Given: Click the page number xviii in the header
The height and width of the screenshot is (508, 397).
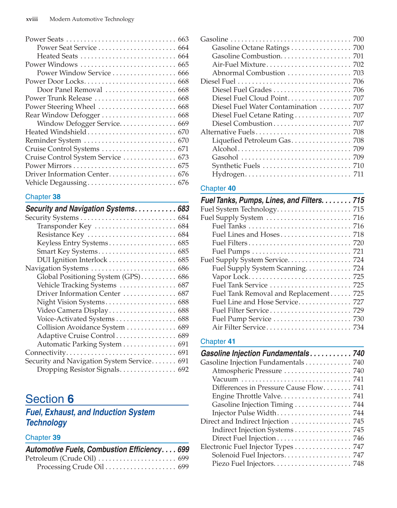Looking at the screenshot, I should pos(32,19).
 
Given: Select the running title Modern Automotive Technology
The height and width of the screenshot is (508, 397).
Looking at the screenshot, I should pos(92,19).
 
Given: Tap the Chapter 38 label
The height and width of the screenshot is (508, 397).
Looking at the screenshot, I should pos(43,197).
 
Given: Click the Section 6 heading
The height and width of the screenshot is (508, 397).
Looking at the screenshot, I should pos(49,399).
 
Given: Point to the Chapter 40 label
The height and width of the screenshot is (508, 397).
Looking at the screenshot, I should pos(218,188).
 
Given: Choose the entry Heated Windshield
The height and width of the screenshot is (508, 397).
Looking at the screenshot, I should pos(56,132).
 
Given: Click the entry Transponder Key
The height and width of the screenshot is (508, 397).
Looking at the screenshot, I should pos(64,226).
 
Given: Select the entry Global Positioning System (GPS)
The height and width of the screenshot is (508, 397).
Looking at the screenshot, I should pos(89,276).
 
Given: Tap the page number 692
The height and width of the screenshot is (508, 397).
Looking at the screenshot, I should pos(183,370).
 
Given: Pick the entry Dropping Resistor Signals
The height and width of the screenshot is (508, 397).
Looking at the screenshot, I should pos(78,370).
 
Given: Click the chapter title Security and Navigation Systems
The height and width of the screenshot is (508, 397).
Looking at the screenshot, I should pos(80,209).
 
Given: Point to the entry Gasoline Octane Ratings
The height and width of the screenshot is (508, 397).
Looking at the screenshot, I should pos(251,48).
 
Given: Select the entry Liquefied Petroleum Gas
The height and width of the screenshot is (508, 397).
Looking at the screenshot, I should pos(251,140).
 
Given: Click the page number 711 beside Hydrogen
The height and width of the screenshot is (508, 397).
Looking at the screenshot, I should pos(358,174).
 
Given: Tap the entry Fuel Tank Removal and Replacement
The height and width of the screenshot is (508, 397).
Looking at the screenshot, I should pos(271,294).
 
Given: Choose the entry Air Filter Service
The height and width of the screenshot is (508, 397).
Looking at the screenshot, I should pos(239,327).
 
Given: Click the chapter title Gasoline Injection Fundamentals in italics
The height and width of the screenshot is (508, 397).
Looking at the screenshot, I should pos(255,353).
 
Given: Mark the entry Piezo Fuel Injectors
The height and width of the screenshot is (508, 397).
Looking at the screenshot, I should pos(243,464).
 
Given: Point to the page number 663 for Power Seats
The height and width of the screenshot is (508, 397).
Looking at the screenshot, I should pos(183,39).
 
